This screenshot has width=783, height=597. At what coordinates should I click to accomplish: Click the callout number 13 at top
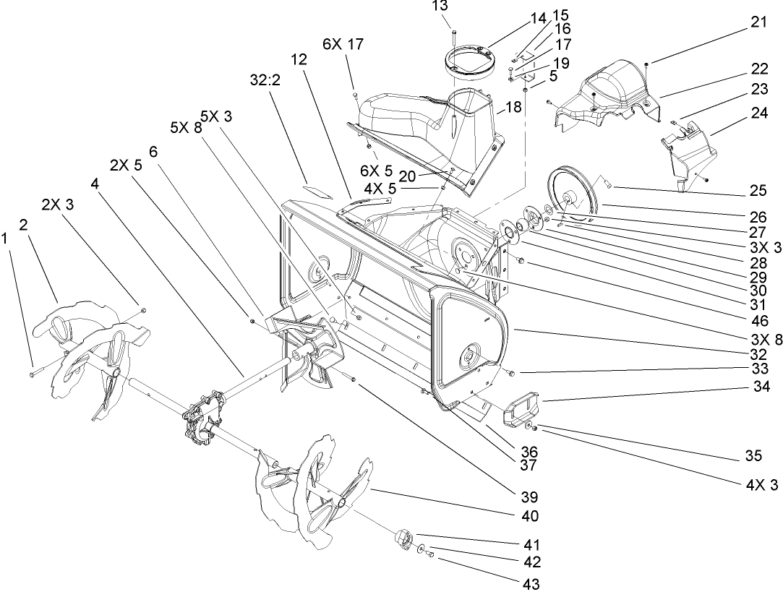[440, 6]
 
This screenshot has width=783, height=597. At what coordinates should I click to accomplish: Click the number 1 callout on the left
[7, 236]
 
